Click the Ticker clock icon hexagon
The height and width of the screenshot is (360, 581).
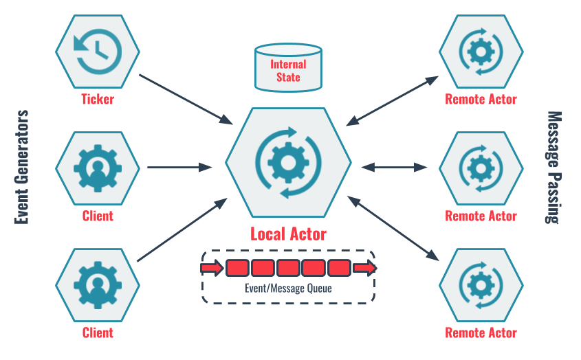(x=97, y=51)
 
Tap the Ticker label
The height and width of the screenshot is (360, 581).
(x=97, y=99)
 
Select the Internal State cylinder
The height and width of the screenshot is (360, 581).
(x=288, y=69)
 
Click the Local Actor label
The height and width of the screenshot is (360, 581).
(x=288, y=234)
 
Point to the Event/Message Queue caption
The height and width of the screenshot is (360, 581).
(x=288, y=289)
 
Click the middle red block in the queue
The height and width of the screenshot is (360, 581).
(x=288, y=267)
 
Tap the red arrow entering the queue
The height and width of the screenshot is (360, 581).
(x=213, y=267)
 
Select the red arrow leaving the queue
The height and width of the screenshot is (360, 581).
(x=364, y=267)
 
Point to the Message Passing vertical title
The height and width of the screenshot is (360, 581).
(x=554, y=167)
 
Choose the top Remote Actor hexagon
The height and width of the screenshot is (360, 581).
(x=481, y=51)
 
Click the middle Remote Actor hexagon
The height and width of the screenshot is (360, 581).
(x=481, y=167)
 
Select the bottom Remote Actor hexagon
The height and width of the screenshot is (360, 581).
(x=481, y=284)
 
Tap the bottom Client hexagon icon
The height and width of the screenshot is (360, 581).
(x=97, y=284)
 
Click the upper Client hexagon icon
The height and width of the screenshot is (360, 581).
(x=97, y=167)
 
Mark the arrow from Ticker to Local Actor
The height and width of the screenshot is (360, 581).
(x=186, y=99)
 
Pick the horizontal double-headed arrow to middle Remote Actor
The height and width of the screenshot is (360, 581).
(x=395, y=166)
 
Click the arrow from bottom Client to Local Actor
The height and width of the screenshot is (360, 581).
(x=182, y=230)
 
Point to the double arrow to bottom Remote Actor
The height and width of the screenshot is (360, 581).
(x=393, y=229)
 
